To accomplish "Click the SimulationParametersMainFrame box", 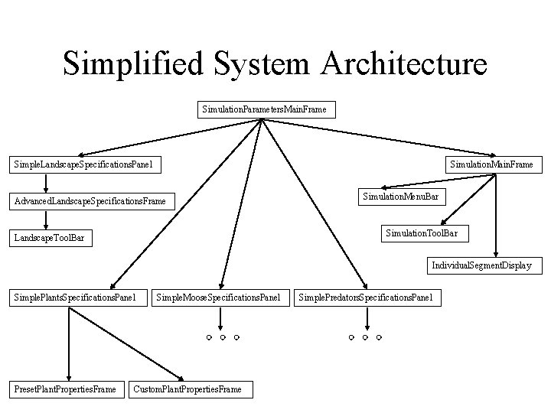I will click(264, 109).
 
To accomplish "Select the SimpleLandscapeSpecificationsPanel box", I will click(83, 164).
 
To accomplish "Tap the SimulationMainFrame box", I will click(494, 164).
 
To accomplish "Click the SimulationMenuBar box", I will click(400, 197).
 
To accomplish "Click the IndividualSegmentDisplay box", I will click(481, 266).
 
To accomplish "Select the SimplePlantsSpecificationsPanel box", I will click(74, 296).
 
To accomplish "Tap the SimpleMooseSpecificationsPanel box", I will click(218, 296).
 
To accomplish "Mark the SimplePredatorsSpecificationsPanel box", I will click(367, 296).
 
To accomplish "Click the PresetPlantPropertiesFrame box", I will click(65, 389).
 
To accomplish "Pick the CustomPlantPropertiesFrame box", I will click(187, 389).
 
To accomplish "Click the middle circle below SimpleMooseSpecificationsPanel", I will click(222, 337).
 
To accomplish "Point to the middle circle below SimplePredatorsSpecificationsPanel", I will click(364, 337).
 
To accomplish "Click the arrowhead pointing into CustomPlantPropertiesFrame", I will click(181, 378).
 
